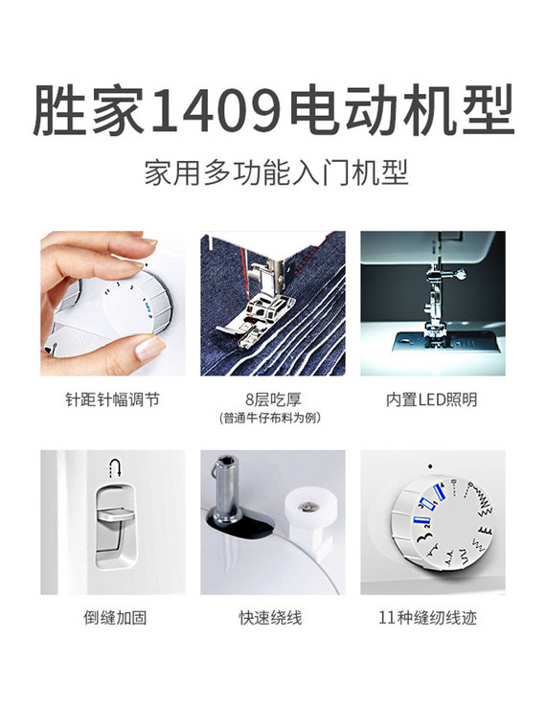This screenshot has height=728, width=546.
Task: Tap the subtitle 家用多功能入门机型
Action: (276, 173)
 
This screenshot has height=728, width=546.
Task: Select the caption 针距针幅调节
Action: (113, 399)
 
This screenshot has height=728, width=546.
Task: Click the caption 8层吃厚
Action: (273, 399)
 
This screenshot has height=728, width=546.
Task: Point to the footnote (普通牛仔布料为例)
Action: (271, 418)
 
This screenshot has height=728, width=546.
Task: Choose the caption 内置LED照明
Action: (432, 399)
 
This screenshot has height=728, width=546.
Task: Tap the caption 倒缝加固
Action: (115, 618)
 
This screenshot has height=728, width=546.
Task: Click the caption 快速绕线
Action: (271, 618)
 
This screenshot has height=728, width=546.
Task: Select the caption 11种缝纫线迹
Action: (427, 618)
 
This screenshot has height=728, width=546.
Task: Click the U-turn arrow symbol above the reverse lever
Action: (115, 467)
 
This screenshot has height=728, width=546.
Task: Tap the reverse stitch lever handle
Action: (116, 515)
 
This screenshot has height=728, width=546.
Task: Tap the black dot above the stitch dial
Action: (430, 466)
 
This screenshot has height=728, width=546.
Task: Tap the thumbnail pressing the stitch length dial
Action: (150, 349)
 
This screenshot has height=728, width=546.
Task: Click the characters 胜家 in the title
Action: (88, 111)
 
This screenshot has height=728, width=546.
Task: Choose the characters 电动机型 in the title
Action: (402, 111)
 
